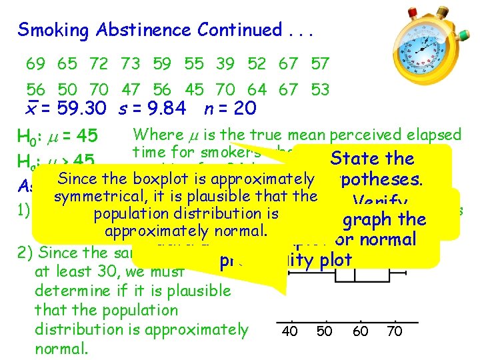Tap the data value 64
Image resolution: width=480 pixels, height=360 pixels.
pyautogui.click(x=257, y=89)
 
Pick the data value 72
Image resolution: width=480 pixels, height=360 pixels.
pyautogui.click(x=99, y=64)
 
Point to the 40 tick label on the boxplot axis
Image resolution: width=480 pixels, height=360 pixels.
pyautogui.click(x=290, y=331)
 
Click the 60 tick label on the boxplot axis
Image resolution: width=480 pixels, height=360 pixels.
pyautogui.click(x=360, y=331)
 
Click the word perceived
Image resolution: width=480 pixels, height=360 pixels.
pyautogui.click(x=347, y=135)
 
